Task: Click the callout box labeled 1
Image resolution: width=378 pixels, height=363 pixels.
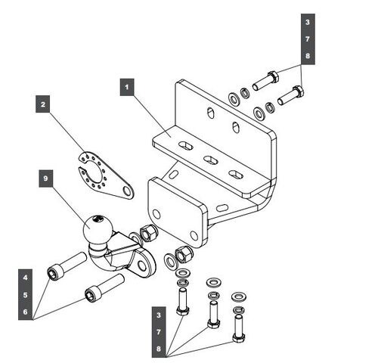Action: point(127,87)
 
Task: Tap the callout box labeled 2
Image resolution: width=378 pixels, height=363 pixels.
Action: point(43,104)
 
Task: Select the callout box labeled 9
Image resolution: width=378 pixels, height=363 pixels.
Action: point(46,178)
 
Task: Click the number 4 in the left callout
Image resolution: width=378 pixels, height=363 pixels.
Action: point(25,278)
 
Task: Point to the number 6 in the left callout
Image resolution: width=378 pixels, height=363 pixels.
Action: point(25,312)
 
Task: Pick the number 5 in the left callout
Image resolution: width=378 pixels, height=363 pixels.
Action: point(25,295)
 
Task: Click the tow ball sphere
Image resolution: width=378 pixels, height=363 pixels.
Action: point(98,229)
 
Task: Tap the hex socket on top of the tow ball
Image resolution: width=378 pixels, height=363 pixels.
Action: point(98,219)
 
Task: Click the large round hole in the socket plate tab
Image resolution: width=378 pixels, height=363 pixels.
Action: point(127,191)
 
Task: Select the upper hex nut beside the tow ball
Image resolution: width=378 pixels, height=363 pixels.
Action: point(148,233)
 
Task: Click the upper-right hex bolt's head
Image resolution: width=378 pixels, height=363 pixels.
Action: point(273,76)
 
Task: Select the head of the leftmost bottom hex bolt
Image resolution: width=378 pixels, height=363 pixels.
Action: point(183,310)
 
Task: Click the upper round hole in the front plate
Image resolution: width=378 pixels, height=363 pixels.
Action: point(156,215)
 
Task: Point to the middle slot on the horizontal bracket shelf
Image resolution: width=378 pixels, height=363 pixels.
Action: point(211,159)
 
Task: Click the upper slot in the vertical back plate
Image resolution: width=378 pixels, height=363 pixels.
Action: point(211,113)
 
